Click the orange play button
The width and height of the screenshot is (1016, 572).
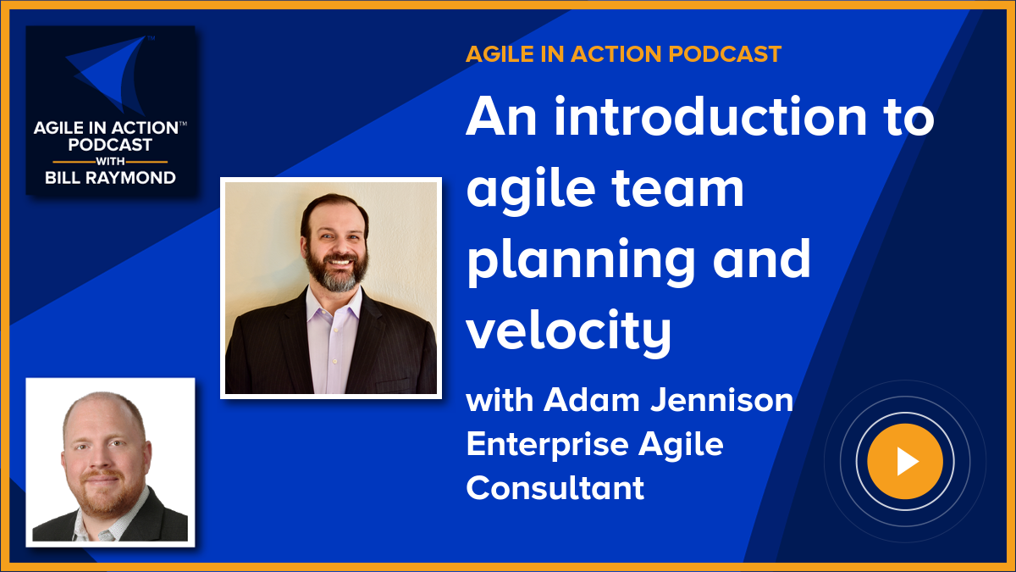point(905,462)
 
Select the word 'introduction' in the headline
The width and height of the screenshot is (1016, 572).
point(711,119)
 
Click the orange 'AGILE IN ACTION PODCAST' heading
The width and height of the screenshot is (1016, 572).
point(623,54)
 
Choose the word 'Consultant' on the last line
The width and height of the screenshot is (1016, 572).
point(555,487)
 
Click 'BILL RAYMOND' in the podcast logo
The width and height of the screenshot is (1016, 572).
point(110,177)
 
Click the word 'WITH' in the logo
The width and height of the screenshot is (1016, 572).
point(110,161)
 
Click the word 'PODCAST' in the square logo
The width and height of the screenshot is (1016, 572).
point(110,144)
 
